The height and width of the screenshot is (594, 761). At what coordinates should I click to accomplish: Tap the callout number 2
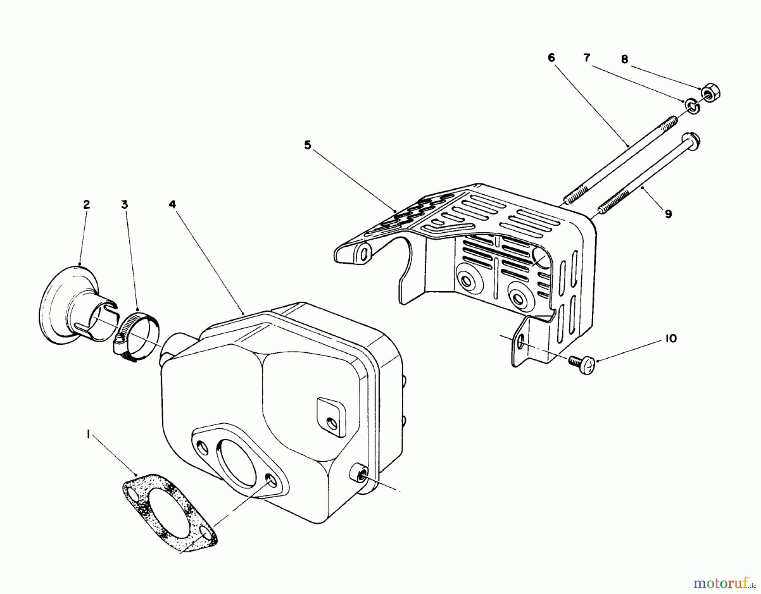86,205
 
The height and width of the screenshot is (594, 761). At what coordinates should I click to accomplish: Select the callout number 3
124,205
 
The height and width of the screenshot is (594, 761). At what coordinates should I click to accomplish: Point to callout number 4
172,204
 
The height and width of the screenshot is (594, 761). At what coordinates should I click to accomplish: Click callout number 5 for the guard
307,145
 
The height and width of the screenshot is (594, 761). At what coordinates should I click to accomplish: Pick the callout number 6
551,58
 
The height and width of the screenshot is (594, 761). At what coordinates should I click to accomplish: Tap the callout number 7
587,58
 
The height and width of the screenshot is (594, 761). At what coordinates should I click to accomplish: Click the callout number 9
668,214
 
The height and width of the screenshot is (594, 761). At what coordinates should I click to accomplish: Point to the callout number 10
669,338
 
